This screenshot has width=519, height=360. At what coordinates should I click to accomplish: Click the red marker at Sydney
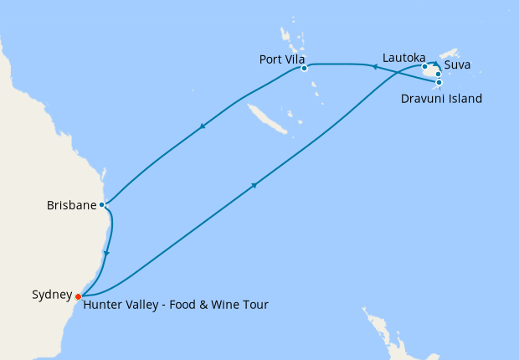[x=78, y=296]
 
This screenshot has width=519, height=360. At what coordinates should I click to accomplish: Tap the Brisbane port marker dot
[x=102, y=204]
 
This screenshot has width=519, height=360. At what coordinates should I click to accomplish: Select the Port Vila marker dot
[x=305, y=68]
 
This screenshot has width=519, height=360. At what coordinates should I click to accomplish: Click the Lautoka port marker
[x=424, y=66]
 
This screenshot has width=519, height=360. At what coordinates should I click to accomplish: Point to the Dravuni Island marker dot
[x=439, y=82]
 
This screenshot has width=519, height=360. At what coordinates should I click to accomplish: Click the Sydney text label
[x=51, y=294]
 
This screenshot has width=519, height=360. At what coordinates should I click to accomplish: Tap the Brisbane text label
[x=72, y=204]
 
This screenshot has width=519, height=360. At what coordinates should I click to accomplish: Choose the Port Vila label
[x=280, y=59]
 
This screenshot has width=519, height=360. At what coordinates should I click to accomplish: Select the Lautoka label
[x=403, y=58]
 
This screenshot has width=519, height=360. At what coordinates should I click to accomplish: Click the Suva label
[x=457, y=64]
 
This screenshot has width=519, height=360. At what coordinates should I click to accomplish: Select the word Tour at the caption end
[x=255, y=305]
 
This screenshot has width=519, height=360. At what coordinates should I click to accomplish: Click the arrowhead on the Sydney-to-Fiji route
[x=253, y=185]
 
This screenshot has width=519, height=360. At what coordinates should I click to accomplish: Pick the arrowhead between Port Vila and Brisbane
[x=202, y=127]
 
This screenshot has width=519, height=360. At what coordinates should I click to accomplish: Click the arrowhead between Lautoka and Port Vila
[x=374, y=64]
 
